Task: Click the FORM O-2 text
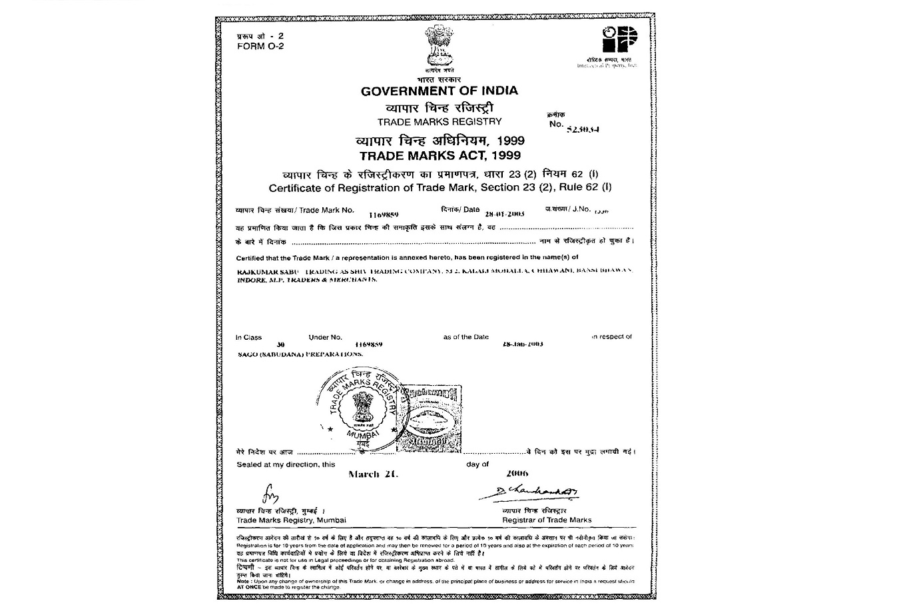click(260, 47)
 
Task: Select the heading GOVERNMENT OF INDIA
click(439, 91)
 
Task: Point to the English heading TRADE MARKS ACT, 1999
click(440, 156)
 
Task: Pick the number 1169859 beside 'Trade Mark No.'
click(383, 215)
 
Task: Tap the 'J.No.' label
click(577, 209)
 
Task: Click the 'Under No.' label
click(325, 337)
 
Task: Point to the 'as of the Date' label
click(465, 337)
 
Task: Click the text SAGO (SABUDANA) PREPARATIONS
click(300, 354)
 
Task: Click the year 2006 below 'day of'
click(517, 474)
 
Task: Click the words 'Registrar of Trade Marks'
click(546, 520)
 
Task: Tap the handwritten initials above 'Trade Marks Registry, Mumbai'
click(270, 496)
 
